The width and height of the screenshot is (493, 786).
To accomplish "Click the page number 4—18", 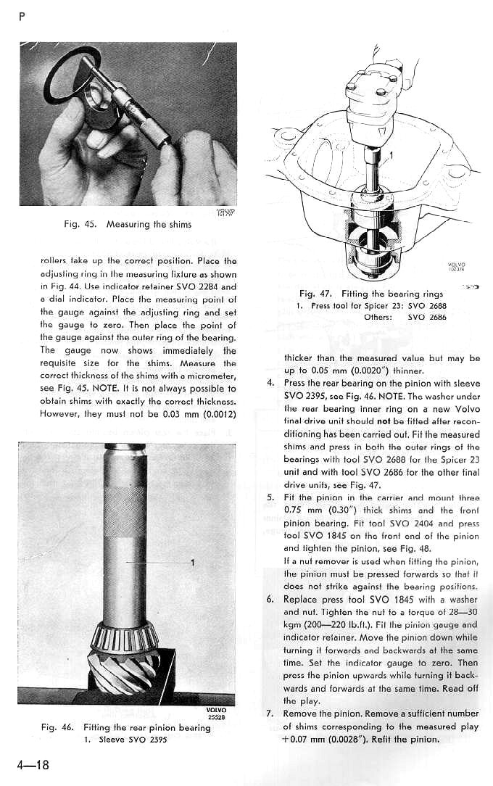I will point(30,766).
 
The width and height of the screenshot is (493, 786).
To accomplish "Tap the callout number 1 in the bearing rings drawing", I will point(392,154).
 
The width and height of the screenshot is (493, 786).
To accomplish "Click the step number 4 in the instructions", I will point(270,384).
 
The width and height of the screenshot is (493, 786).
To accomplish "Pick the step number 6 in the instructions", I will point(270,600).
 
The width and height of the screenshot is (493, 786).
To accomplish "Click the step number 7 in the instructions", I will point(270,713).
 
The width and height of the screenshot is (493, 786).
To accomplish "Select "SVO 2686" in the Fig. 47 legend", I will point(427,317).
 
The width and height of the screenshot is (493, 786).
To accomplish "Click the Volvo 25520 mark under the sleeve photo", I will point(216,713).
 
